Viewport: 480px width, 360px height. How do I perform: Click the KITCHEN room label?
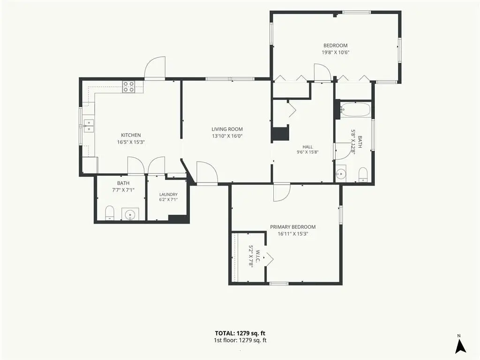131,135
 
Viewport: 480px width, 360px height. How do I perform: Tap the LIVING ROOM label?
227,129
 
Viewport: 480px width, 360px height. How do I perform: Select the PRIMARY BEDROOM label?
292,227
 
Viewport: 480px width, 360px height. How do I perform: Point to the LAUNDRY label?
168,195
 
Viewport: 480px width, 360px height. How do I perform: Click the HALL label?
307,147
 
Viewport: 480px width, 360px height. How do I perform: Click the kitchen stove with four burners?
128,87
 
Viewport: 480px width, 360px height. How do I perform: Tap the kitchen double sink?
89,126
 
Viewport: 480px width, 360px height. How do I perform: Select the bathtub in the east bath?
356,110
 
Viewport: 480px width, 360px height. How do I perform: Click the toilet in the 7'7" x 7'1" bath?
110,213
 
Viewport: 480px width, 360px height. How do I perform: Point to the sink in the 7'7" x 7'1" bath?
130,214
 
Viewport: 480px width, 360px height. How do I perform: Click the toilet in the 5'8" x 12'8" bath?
363,174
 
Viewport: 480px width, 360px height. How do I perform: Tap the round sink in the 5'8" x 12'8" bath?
340,173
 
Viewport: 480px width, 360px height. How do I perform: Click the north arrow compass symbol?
460,345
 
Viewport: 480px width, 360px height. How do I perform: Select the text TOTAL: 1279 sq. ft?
240,333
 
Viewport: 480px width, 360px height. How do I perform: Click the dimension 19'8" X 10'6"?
336,52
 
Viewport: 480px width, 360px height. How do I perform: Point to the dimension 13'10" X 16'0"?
227,136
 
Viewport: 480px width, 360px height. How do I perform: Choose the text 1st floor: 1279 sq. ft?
240,340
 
